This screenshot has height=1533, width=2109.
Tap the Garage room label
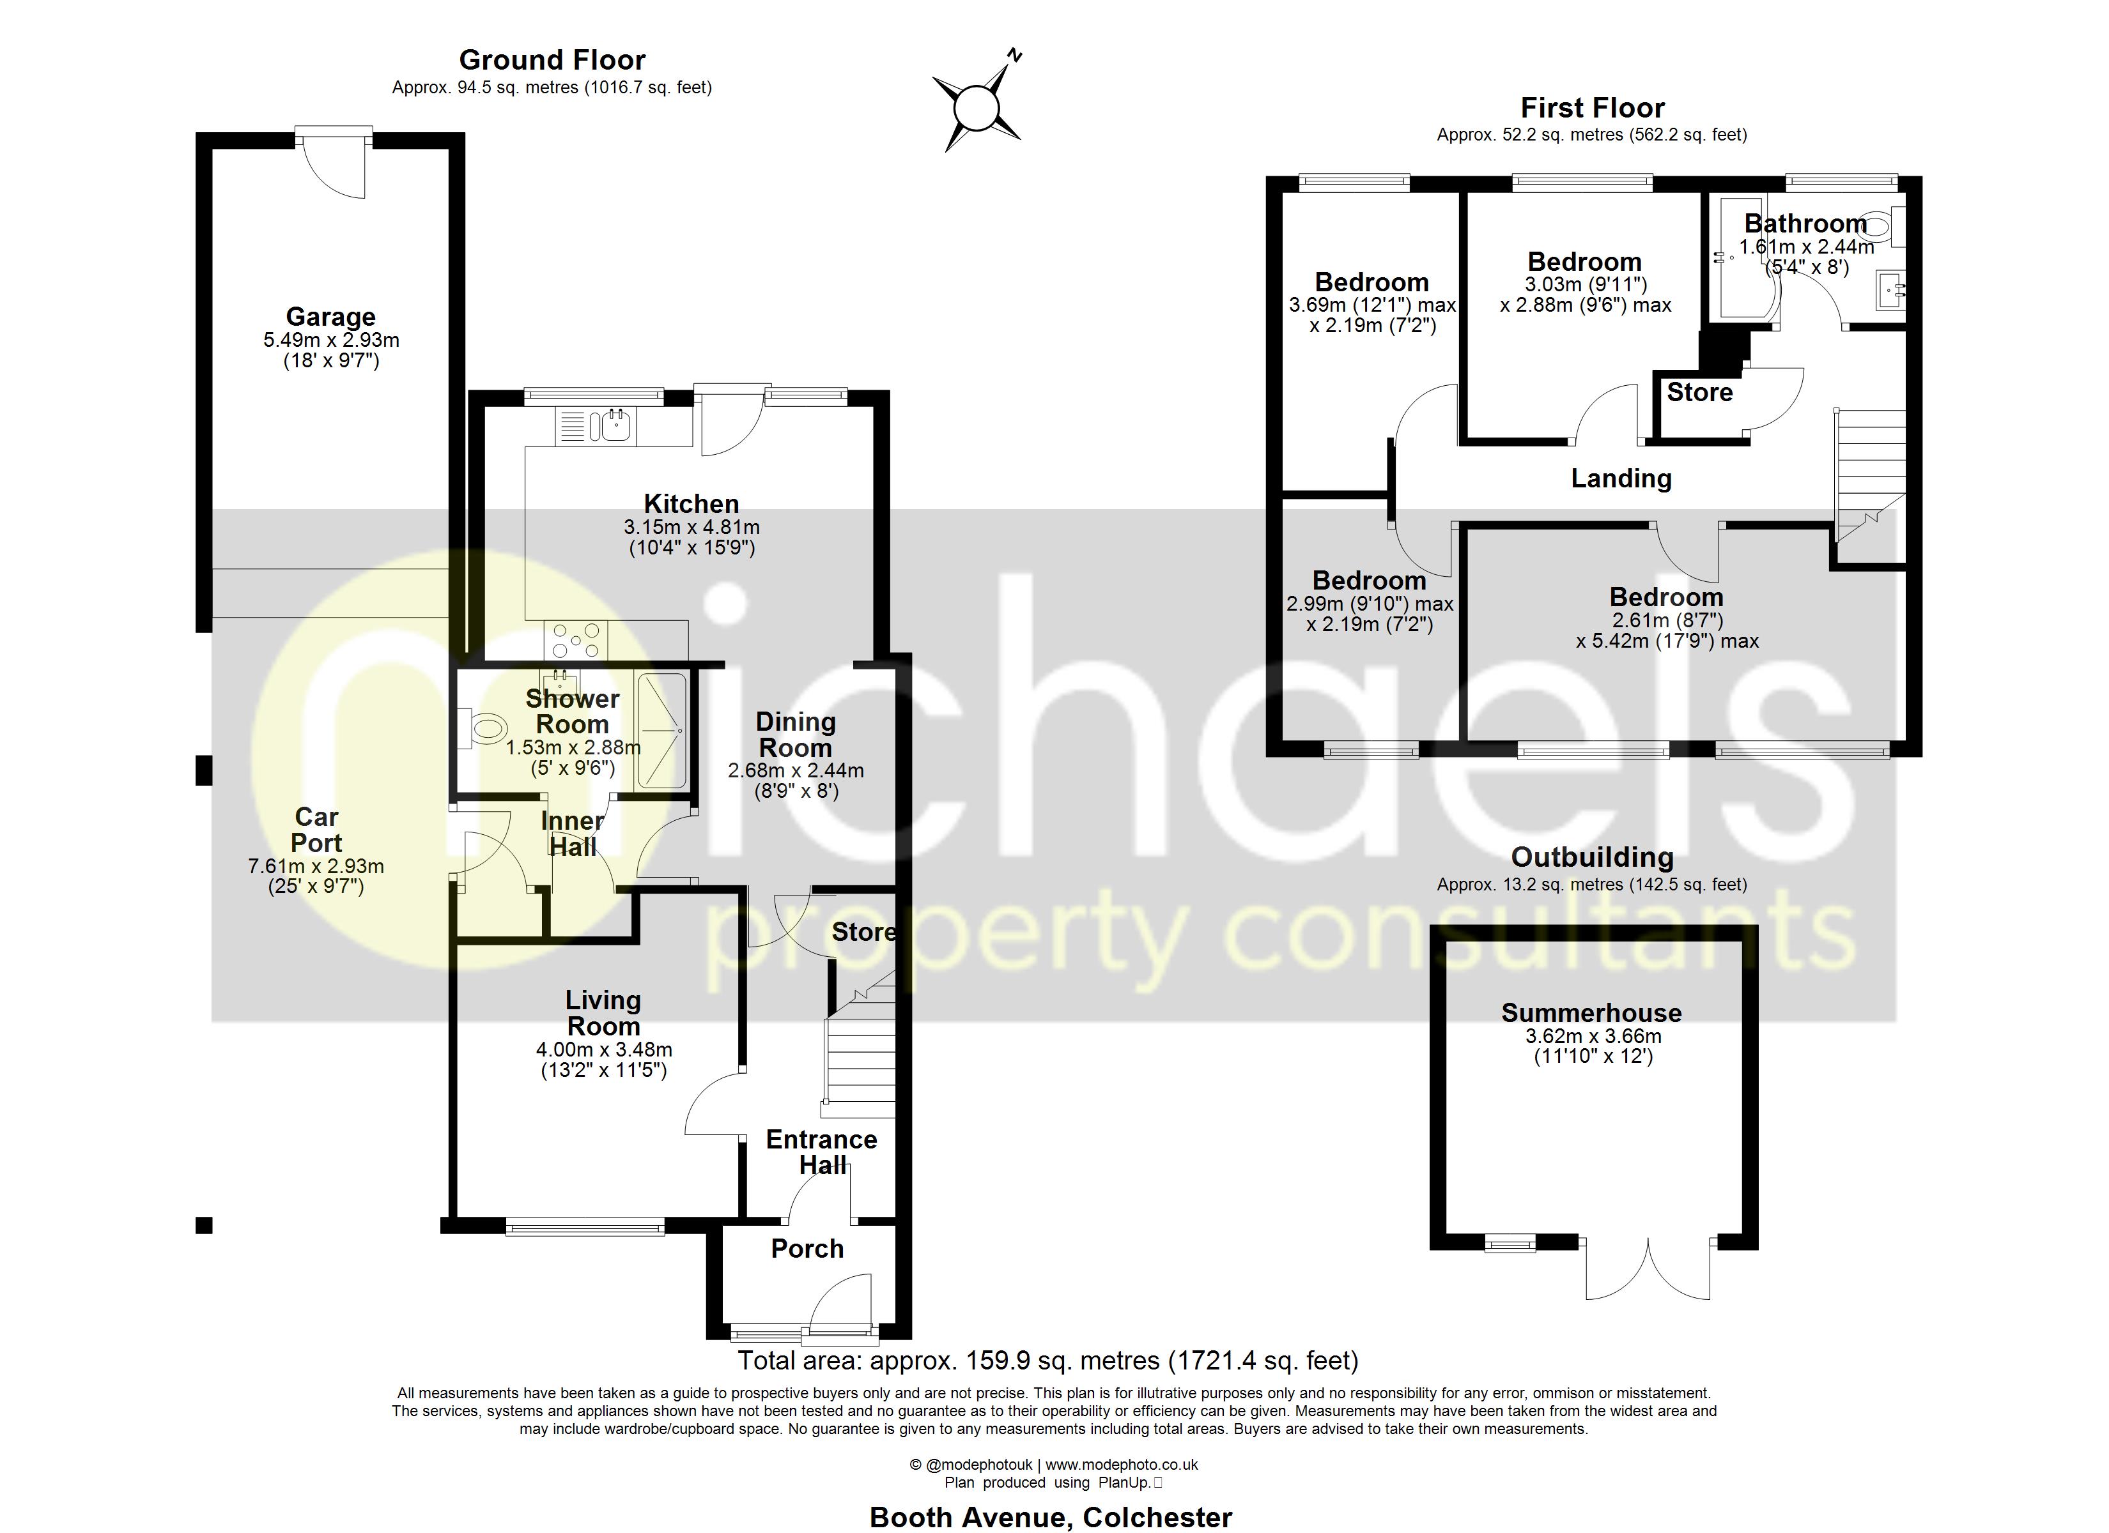coord(330,317)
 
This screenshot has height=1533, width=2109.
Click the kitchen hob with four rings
coord(576,639)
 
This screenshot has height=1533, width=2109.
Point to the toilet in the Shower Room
coord(486,729)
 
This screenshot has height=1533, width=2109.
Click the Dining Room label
coord(795,735)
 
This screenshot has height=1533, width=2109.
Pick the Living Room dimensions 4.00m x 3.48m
coord(603,1049)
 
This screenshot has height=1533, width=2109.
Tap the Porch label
coord(807,1249)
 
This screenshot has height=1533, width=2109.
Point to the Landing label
coord(1621,479)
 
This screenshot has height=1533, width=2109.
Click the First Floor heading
coord(1592,108)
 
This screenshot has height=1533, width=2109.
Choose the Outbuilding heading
coord(1592,857)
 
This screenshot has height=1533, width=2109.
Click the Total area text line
coord(1048,1361)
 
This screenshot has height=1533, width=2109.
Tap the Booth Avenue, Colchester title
coord(1050,1517)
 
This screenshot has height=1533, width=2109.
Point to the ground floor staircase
coord(858,1060)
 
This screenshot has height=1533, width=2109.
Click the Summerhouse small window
coord(1510,1243)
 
